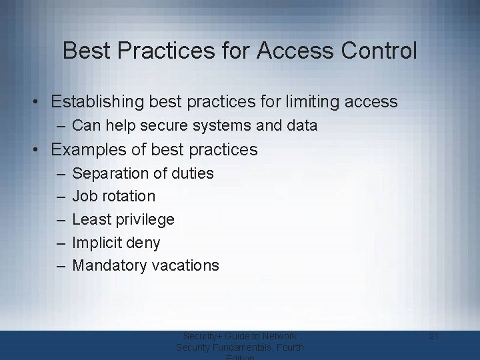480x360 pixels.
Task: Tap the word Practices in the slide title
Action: point(153,51)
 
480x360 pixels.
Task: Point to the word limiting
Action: point(313,102)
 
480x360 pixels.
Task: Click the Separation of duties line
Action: point(143,173)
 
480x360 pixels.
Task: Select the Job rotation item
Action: point(113,196)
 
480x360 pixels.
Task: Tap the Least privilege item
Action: point(123,219)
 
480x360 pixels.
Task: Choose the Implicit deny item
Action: point(116,242)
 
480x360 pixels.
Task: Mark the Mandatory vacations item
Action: point(145,265)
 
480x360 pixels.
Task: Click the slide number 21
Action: point(434,337)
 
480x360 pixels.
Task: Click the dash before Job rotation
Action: point(60,196)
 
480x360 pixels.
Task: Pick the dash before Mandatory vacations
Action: point(60,265)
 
